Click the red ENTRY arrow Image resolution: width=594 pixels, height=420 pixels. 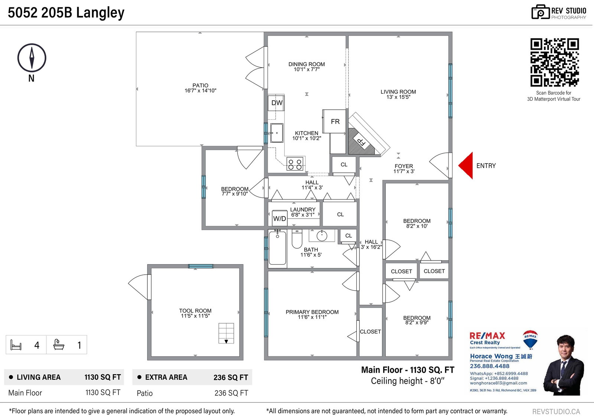(x=466, y=165)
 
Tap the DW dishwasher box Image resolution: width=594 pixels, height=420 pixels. (x=276, y=103)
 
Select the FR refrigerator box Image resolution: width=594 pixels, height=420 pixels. (x=334, y=121)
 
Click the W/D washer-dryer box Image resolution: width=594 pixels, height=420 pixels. (x=280, y=218)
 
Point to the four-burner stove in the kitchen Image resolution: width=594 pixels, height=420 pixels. (x=295, y=164)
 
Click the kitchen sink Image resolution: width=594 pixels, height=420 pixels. (x=277, y=133)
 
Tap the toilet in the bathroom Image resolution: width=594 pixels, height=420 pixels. (x=297, y=238)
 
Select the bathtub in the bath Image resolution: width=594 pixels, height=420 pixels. (x=277, y=248)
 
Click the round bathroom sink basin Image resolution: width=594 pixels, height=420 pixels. (x=322, y=236)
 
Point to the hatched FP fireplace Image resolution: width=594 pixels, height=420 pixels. (x=359, y=142)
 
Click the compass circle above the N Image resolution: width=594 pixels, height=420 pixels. (x=32, y=58)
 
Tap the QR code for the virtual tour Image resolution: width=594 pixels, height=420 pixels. (x=555, y=62)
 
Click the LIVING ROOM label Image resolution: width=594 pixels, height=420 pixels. (x=398, y=92)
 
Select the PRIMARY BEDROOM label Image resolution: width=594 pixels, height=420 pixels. (x=312, y=312)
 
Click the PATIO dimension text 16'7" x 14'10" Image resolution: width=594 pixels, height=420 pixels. (x=200, y=91)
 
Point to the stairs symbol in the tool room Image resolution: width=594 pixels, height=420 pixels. (x=226, y=333)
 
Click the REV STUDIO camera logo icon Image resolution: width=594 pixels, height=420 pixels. (x=541, y=12)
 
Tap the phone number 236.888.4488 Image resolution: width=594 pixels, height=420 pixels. (x=490, y=366)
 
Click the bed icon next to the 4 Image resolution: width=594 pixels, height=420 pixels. (x=16, y=345)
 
